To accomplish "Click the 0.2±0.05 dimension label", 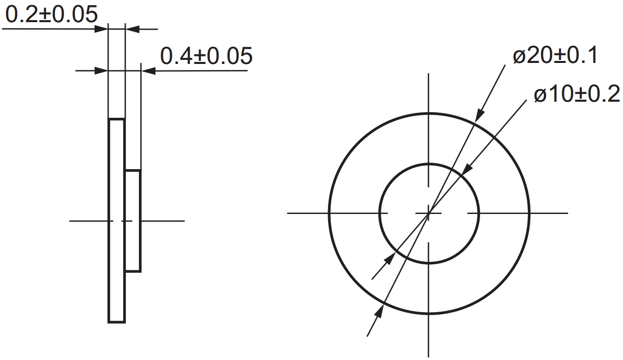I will click(x=51, y=15).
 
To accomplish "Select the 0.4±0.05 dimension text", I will click(x=206, y=56).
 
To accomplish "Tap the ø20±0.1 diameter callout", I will click(x=555, y=56).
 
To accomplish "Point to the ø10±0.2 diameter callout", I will click(x=577, y=94).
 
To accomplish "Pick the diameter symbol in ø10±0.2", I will click(x=540, y=95).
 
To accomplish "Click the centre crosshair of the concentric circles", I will click(x=428, y=213).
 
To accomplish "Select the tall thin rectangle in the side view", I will click(x=116, y=221).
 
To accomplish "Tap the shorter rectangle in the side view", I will click(x=133, y=221).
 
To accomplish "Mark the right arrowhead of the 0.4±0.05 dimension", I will click(x=148, y=71).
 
